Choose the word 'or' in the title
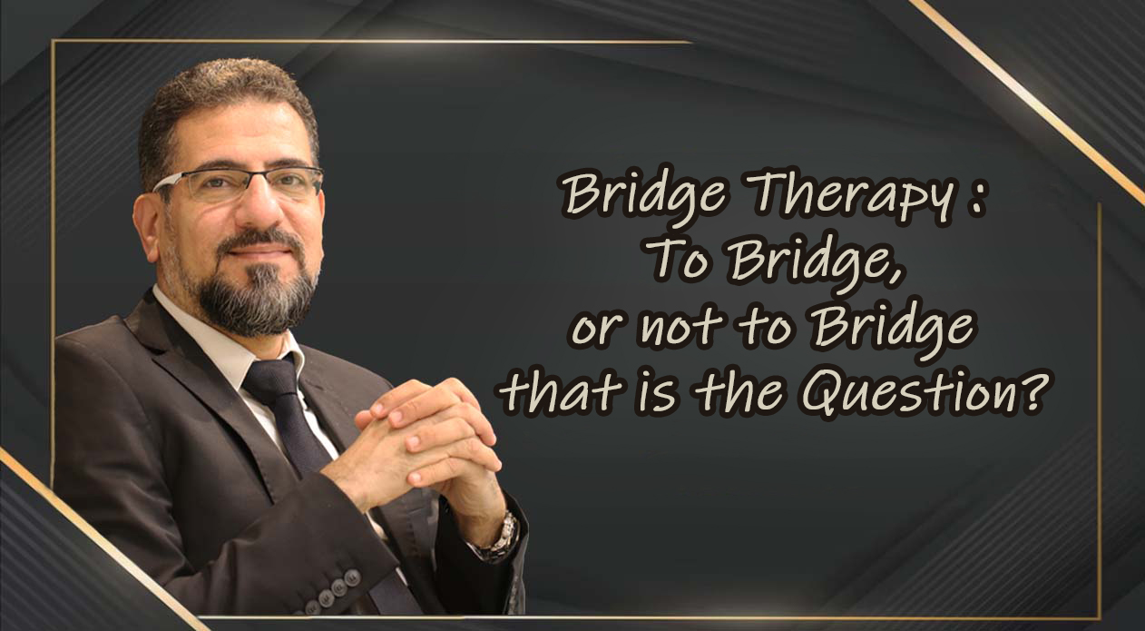(597, 330)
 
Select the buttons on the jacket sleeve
(332, 593)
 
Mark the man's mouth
(261, 253)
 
